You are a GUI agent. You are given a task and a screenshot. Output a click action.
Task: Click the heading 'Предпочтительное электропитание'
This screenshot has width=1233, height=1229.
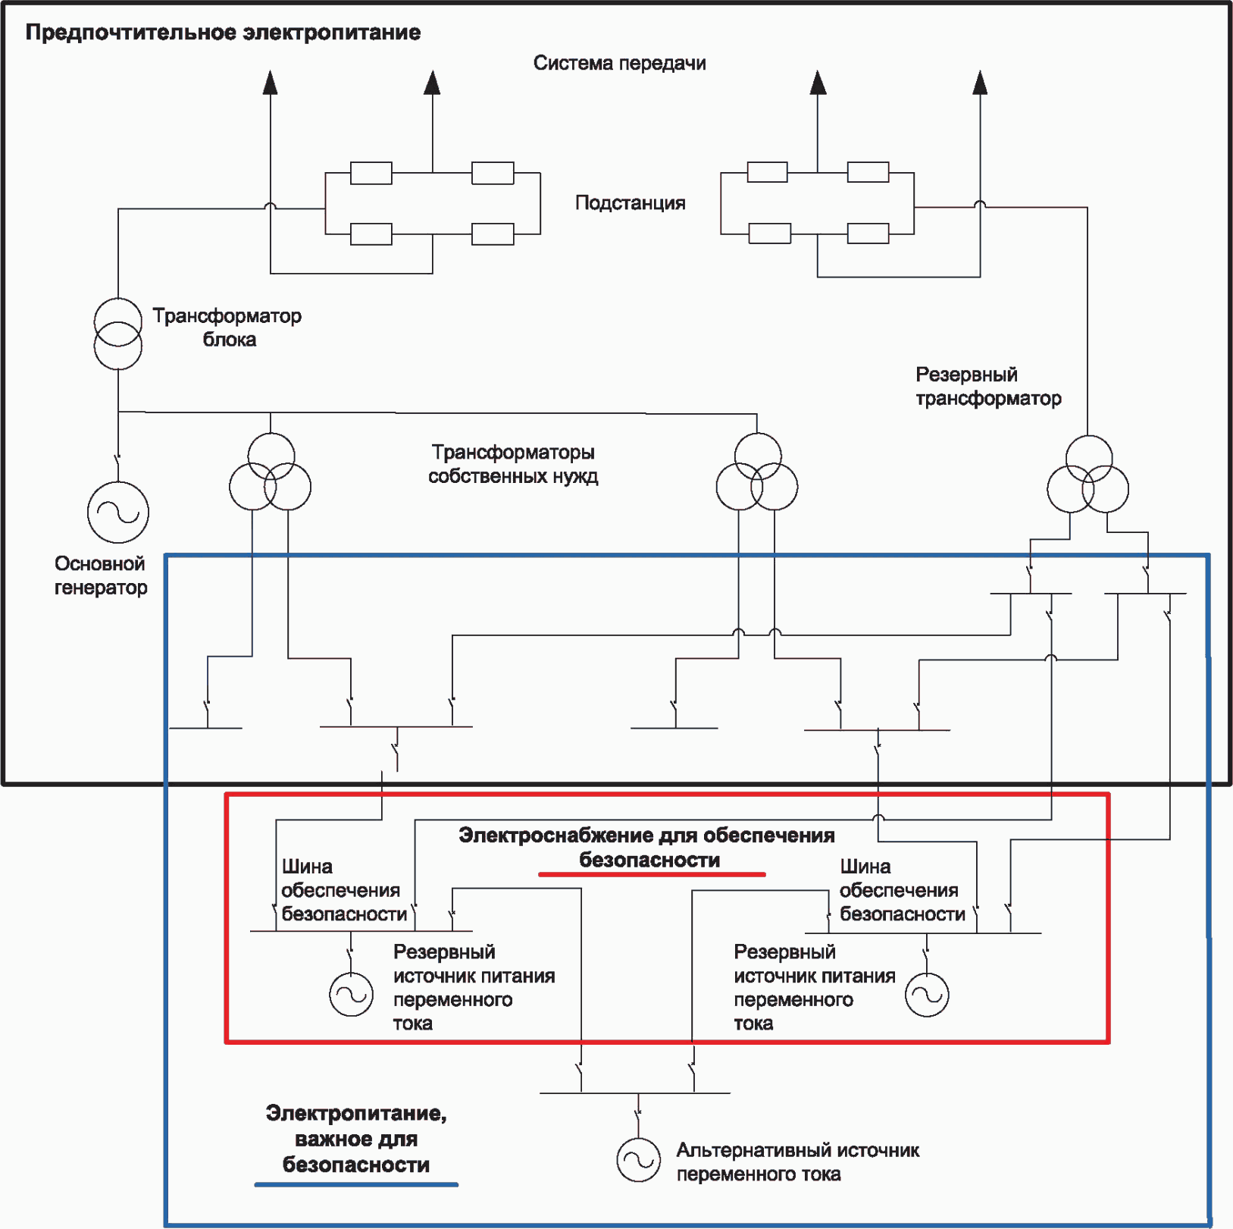click(223, 33)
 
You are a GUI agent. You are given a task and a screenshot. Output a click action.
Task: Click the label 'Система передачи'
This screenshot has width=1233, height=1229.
click(619, 63)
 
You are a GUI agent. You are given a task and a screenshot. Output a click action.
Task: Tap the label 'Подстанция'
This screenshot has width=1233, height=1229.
click(630, 203)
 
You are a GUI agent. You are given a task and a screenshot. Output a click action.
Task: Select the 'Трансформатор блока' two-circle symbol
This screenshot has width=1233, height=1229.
click(117, 334)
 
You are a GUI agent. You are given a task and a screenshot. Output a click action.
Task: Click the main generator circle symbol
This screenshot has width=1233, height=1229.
click(118, 513)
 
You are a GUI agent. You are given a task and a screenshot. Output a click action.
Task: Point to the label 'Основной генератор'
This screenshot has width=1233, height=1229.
click(100, 575)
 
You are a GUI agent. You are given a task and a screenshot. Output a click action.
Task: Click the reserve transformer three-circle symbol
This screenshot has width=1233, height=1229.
click(1087, 475)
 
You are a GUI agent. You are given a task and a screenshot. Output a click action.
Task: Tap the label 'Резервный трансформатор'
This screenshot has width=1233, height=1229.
click(988, 386)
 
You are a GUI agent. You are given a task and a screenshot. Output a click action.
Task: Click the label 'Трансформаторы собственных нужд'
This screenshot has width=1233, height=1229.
click(513, 464)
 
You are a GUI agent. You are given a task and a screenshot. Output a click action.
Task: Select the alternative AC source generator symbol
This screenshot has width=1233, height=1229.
click(638, 1160)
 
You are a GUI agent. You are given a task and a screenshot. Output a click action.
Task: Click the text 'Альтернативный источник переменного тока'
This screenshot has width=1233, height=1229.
click(797, 1162)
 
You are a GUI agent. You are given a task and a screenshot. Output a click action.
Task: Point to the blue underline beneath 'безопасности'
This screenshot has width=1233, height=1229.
click(356, 1184)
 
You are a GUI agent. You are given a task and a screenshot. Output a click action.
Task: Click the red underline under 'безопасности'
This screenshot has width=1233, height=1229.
click(652, 874)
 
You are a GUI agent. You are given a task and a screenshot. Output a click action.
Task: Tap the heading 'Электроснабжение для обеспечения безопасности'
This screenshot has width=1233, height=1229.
click(646, 848)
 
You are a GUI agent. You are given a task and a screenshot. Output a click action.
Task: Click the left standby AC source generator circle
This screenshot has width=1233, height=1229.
click(351, 995)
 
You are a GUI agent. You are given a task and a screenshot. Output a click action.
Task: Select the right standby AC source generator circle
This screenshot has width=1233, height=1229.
click(927, 995)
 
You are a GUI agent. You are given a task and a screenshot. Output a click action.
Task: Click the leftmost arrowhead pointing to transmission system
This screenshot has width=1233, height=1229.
click(271, 82)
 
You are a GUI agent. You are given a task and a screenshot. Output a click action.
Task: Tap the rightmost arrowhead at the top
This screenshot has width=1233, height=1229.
click(980, 82)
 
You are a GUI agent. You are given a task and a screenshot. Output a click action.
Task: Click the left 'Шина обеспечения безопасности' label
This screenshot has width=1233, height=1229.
click(343, 890)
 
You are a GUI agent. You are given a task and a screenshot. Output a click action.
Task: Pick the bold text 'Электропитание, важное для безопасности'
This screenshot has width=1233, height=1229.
click(356, 1139)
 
